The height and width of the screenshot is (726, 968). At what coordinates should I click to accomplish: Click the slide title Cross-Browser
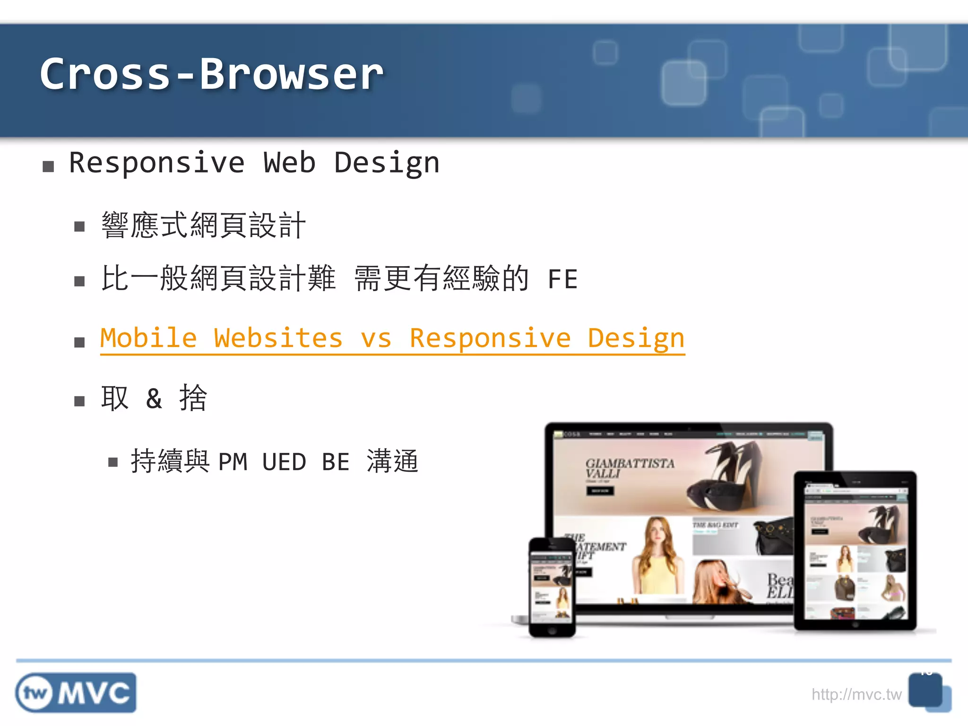pyautogui.click(x=211, y=74)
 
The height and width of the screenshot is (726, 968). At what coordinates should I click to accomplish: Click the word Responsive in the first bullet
pyautogui.click(x=156, y=163)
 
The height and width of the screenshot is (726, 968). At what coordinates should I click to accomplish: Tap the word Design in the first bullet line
pyautogui.click(x=387, y=164)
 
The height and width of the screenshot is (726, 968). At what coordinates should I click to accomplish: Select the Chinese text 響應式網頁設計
pyautogui.click(x=203, y=225)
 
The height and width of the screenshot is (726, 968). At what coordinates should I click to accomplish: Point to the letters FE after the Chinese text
pyautogui.click(x=562, y=279)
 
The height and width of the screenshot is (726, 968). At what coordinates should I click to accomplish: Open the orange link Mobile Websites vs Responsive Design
pyautogui.click(x=392, y=338)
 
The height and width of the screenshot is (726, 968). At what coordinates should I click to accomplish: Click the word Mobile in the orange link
pyautogui.click(x=148, y=338)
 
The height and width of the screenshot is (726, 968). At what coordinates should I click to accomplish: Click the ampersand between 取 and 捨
pyautogui.click(x=154, y=398)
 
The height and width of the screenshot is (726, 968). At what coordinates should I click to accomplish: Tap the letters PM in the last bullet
pyautogui.click(x=233, y=462)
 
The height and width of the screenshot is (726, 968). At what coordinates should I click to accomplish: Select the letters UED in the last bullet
pyautogui.click(x=284, y=462)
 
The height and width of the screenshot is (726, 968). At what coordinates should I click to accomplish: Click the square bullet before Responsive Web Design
pyautogui.click(x=48, y=166)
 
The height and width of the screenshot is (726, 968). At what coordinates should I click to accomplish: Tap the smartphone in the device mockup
pyautogui.click(x=552, y=586)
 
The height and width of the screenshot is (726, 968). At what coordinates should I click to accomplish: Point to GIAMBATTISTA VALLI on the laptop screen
pyautogui.click(x=629, y=468)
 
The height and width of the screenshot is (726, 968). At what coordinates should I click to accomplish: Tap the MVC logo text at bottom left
pyautogui.click(x=95, y=693)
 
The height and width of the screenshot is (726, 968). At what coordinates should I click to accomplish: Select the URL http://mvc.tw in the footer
pyautogui.click(x=856, y=694)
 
